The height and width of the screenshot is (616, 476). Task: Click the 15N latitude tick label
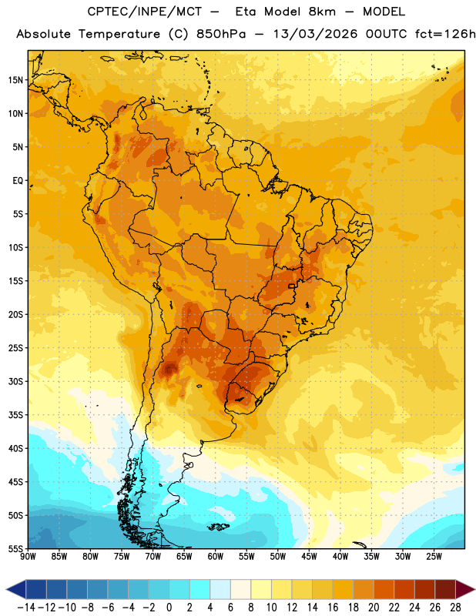15,80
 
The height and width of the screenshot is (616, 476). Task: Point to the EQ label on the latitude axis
18,181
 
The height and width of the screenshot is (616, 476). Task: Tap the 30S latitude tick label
15,381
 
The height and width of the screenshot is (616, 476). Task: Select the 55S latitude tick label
15,549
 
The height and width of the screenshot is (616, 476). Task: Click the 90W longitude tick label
28,557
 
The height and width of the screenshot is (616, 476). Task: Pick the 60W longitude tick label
216,557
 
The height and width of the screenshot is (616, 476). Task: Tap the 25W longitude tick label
434,557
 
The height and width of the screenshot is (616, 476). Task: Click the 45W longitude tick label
309,557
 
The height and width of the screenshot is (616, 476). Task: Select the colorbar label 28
455,608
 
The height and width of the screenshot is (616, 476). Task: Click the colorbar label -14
26,608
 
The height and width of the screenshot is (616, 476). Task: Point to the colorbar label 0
169,608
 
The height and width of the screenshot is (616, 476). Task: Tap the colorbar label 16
333,608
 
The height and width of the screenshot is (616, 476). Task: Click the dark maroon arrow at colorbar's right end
464,589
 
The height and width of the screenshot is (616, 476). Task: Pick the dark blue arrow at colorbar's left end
16,589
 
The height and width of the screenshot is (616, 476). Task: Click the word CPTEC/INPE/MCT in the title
144,12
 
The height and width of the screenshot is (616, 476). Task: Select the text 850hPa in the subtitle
221,34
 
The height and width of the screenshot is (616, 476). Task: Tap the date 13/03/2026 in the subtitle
316,34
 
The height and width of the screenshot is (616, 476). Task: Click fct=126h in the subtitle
446,34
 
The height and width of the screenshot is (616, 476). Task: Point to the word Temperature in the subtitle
119,34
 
